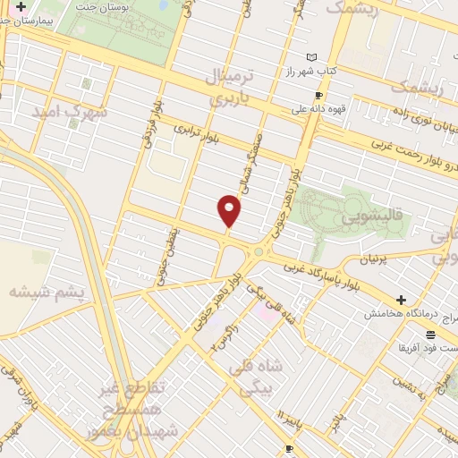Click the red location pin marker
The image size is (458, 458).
tap(230, 211)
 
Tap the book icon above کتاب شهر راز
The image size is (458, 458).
tap(311, 57)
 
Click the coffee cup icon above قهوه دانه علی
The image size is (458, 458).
tap(318, 96)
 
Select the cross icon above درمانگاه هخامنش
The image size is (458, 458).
tap(401, 300)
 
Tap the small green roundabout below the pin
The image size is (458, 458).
tap(259, 251)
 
